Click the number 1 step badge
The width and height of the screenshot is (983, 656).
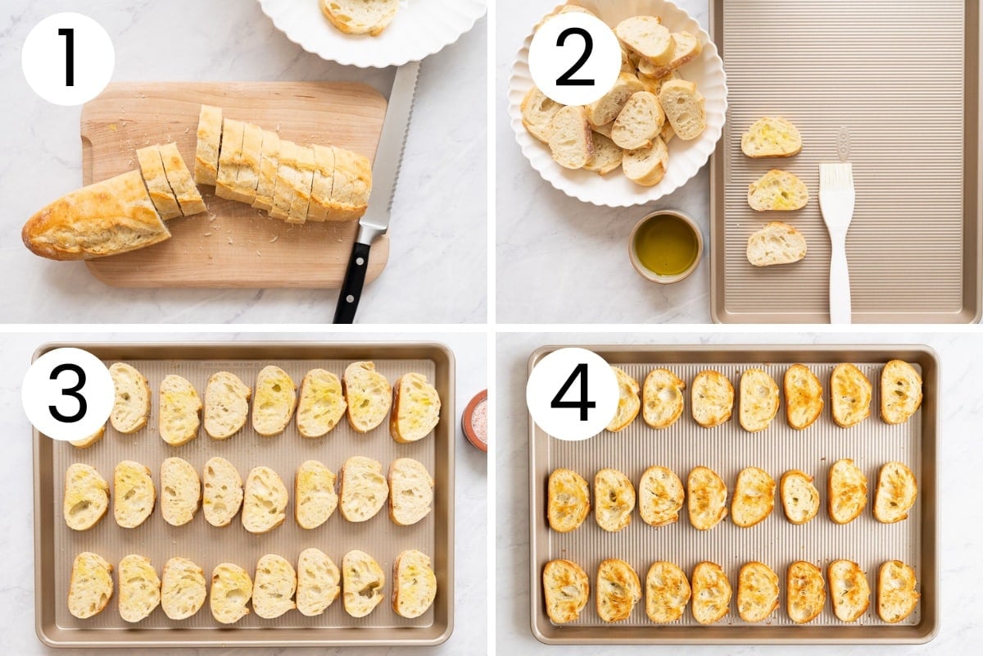pyautogui.click(x=68, y=58)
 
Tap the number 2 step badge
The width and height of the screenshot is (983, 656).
pyautogui.click(x=574, y=58)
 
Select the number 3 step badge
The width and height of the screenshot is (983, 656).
pyautogui.click(x=68, y=394)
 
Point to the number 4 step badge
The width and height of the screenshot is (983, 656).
pyautogui.click(x=573, y=394)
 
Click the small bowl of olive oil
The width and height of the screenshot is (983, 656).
pyautogui.click(x=666, y=246)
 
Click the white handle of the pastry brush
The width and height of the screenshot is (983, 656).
pyautogui.click(x=839, y=271)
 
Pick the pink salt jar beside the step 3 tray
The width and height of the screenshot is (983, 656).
pyautogui.click(x=475, y=421)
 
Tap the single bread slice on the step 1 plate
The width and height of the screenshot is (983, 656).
pyautogui.click(x=359, y=16)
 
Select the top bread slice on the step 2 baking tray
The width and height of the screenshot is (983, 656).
pyautogui.click(x=771, y=138)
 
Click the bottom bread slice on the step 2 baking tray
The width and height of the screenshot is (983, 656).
pyautogui.click(x=777, y=244)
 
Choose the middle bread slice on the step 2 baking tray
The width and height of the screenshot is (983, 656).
pyautogui.click(x=777, y=191)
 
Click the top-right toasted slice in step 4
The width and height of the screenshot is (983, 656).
pyautogui.click(x=901, y=391)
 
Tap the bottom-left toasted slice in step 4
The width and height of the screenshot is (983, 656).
pyautogui.click(x=566, y=591)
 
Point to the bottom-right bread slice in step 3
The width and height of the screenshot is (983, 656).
pyautogui.click(x=414, y=584)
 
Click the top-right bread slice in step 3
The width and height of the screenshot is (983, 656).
pyautogui.click(x=415, y=408)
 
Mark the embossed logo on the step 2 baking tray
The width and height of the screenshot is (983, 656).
pyautogui.click(x=843, y=143)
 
